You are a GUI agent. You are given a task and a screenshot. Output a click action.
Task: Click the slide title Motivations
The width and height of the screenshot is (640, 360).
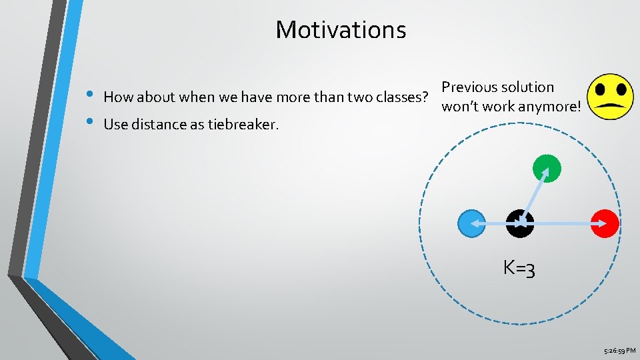coord(341,29)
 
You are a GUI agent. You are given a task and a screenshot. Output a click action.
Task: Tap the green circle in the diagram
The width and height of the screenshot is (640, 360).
coord(547,168)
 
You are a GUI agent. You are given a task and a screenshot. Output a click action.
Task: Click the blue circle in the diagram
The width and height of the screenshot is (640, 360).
coord(471,224)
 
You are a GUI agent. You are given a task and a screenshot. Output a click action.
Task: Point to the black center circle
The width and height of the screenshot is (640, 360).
coord(519,224)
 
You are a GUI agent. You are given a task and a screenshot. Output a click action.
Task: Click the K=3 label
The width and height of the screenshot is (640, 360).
coord(520,269)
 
